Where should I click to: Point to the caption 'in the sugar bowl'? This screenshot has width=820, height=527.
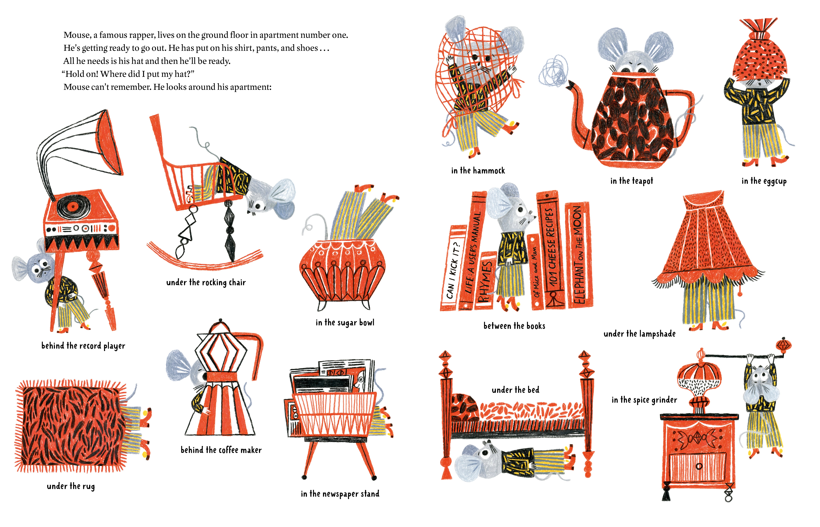pyautogui.click(x=345, y=322)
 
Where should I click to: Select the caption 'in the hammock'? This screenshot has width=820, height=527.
pyautogui.click(x=478, y=170)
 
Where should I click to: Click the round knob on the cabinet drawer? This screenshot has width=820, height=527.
pyautogui.click(x=699, y=466)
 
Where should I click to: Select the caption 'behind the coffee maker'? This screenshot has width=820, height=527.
pyautogui.click(x=221, y=450)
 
